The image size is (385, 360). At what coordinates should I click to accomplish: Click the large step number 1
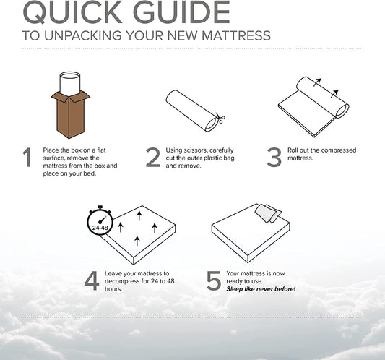pyautogui.click(x=27, y=157)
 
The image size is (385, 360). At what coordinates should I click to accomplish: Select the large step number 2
pyautogui.click(x=152, y=157)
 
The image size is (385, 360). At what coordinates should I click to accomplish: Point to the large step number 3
pyautogui.click(x=274, y=157)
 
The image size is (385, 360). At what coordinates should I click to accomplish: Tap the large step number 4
pyautogui.click(x=91, y=280)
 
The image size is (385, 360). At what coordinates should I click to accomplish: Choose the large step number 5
pyautogui.click(x=214, y=280)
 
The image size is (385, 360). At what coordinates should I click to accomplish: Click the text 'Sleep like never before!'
pyautogui.click(x=261, y=289)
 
